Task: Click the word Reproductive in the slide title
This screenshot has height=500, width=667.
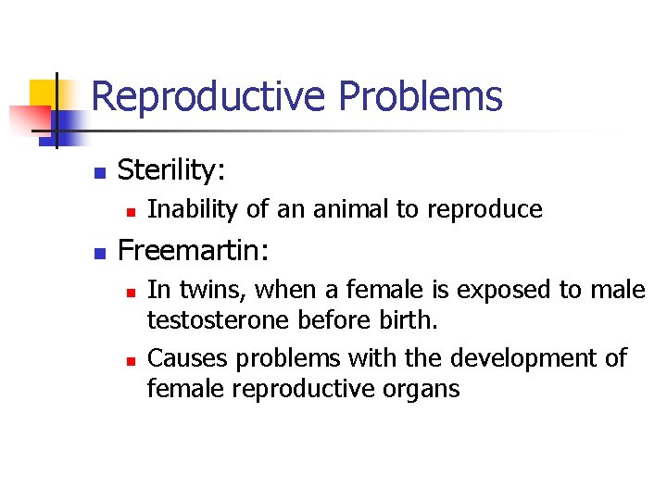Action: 209,97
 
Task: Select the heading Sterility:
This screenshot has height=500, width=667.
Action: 172,169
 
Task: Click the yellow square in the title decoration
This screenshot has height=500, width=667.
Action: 43,94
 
